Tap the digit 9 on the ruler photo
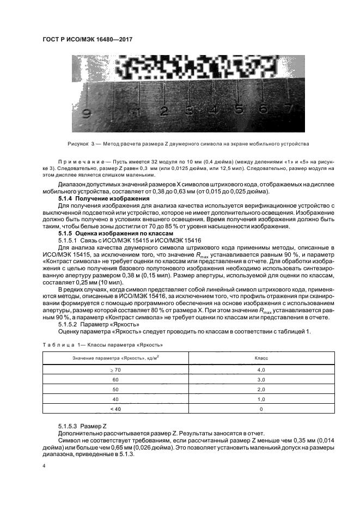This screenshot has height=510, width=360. click(x=86, y=114)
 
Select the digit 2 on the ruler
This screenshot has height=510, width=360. click(x=163, y=111)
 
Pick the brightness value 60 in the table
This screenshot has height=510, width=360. click(x=115, y=379)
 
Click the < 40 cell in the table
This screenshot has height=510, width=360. click(x=115, y=409)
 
